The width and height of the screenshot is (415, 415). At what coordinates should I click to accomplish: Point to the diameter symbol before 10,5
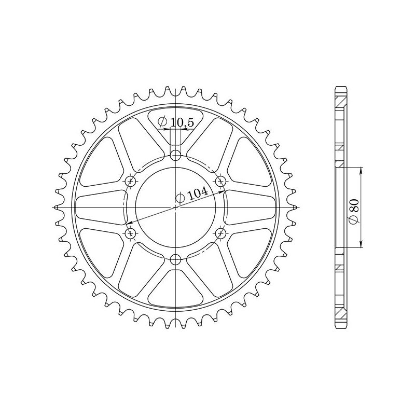[162, 122]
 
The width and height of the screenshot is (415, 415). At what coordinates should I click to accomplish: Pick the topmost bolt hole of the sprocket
[176, 155]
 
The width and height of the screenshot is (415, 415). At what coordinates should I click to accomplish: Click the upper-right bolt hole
[222, 181]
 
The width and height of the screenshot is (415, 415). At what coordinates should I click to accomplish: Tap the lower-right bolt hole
[222, 233]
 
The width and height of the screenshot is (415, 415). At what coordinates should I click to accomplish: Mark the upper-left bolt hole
[131, 181]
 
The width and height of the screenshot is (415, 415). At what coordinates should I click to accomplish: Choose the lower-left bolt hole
[131, 233]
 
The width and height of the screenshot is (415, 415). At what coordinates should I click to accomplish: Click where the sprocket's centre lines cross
[176, 207]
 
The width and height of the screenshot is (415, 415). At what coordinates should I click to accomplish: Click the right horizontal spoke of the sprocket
[249, 207]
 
